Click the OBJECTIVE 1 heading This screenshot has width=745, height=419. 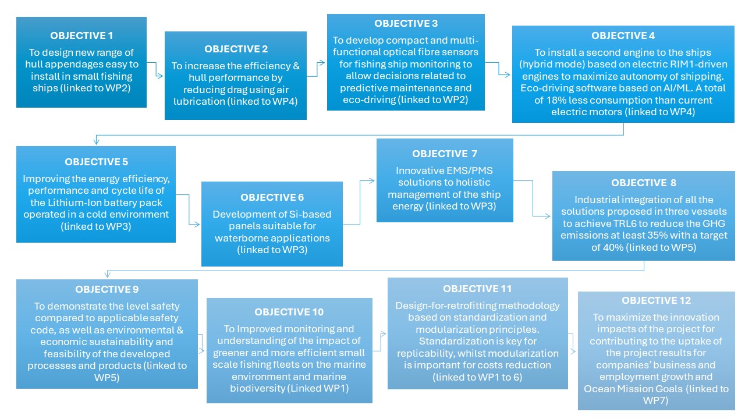81,35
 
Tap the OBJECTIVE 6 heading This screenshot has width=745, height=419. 272,197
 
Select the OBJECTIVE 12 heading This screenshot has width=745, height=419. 656,300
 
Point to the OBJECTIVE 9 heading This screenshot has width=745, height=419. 107,289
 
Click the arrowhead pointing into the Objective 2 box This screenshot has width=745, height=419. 159,76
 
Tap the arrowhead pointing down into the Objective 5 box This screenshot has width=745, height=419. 96,141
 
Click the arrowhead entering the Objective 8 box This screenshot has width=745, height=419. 547,216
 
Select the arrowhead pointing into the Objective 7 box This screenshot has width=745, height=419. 371,180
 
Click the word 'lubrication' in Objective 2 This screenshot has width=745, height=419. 199,101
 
